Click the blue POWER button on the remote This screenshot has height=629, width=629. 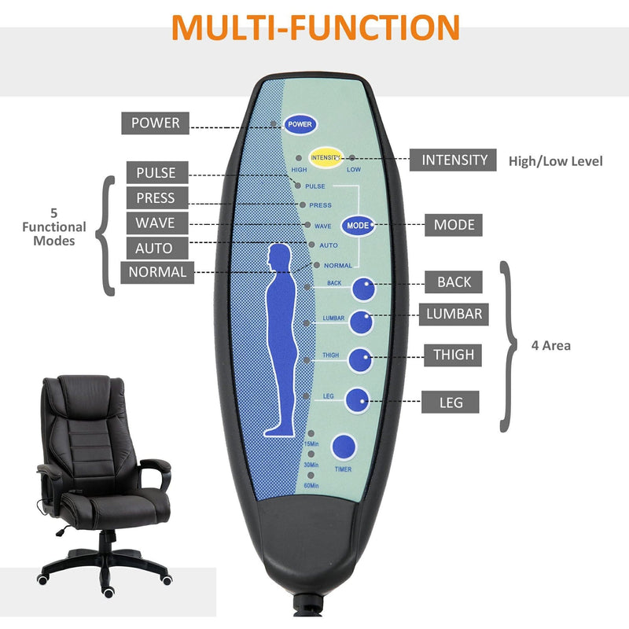(300, 124)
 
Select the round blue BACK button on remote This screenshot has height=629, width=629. (362, 290)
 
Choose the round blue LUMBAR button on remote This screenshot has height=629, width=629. (361, 322)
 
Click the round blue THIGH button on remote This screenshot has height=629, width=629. (361, 359)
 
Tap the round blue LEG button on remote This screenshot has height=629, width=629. (359, 400)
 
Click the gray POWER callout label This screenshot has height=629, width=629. (155, 123)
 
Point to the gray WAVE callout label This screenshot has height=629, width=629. (155, 223)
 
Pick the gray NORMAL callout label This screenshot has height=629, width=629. (157, 272)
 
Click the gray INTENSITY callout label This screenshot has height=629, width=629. (454, 160)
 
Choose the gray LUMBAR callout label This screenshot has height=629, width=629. (454, 314)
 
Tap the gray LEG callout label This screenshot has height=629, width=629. (451, 403)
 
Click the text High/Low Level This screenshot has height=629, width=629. (555, 161)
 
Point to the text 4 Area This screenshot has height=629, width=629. (550, 345)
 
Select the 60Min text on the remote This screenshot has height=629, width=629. (312, 486)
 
